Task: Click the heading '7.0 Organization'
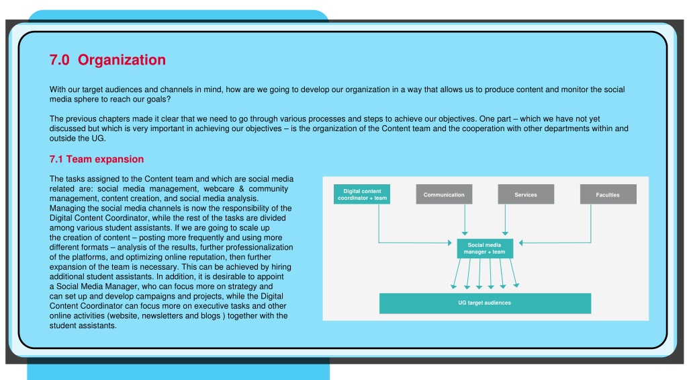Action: tap(107, 60)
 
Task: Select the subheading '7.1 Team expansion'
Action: tap(97, 159)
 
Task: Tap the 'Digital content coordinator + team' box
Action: tap(362, 194)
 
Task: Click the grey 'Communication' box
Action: tap(444, 194)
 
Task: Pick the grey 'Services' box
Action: tap(526, 194)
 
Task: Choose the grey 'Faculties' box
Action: tap(608, 194)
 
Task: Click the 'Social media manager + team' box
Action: tap(485, 248)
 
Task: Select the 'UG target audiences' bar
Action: tap(485, 303)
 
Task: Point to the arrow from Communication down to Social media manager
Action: tap(465, 220)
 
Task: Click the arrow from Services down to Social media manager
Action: tap(505, 220)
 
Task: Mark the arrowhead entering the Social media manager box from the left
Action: tap(449, 243)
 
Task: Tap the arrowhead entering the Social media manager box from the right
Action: tap(521, 243)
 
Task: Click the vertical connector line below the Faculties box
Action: tap(590, 223)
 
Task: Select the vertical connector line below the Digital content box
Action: tap(379, 223)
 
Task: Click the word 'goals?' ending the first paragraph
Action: tap(158, 100)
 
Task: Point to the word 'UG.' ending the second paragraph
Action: tap(99, 139)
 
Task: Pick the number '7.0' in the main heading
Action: tap(60, 60)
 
